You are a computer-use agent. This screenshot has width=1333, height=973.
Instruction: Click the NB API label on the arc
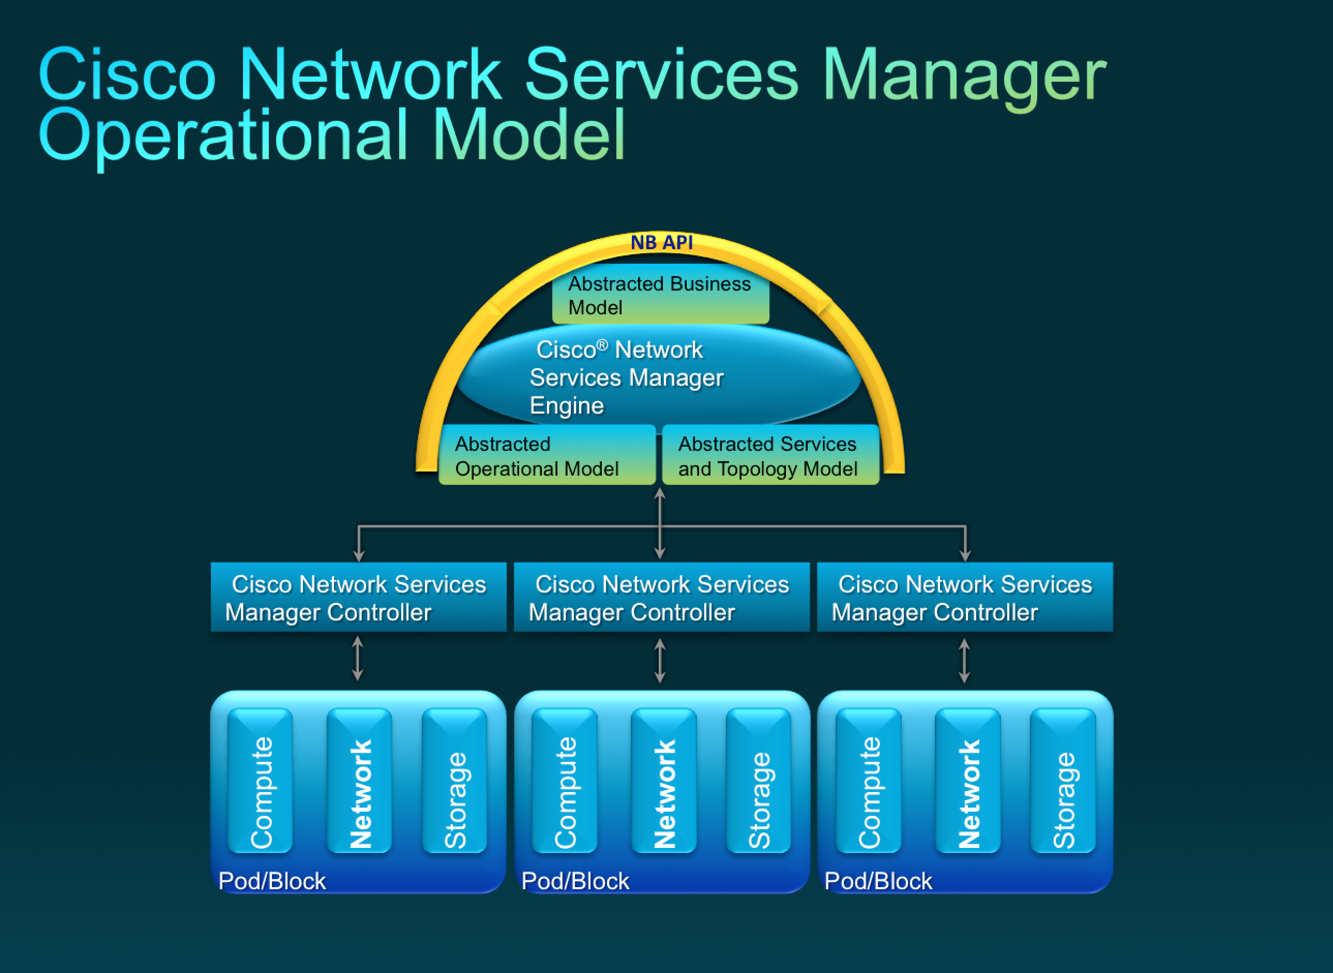661,242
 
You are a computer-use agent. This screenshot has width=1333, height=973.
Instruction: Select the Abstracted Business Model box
660,295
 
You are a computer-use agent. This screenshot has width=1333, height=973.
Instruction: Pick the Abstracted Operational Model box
547,456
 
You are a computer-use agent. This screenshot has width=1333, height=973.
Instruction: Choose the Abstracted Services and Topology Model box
770,456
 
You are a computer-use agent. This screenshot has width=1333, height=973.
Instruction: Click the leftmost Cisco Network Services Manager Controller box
358,597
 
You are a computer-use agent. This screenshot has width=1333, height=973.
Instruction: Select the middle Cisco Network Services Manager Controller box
661,597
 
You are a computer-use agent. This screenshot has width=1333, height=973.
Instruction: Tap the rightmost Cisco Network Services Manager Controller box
965,597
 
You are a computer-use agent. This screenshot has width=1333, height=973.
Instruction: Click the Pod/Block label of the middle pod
575,881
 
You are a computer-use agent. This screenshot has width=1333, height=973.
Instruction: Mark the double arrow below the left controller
357,660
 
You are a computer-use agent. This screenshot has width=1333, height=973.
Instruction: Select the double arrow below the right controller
964,661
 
